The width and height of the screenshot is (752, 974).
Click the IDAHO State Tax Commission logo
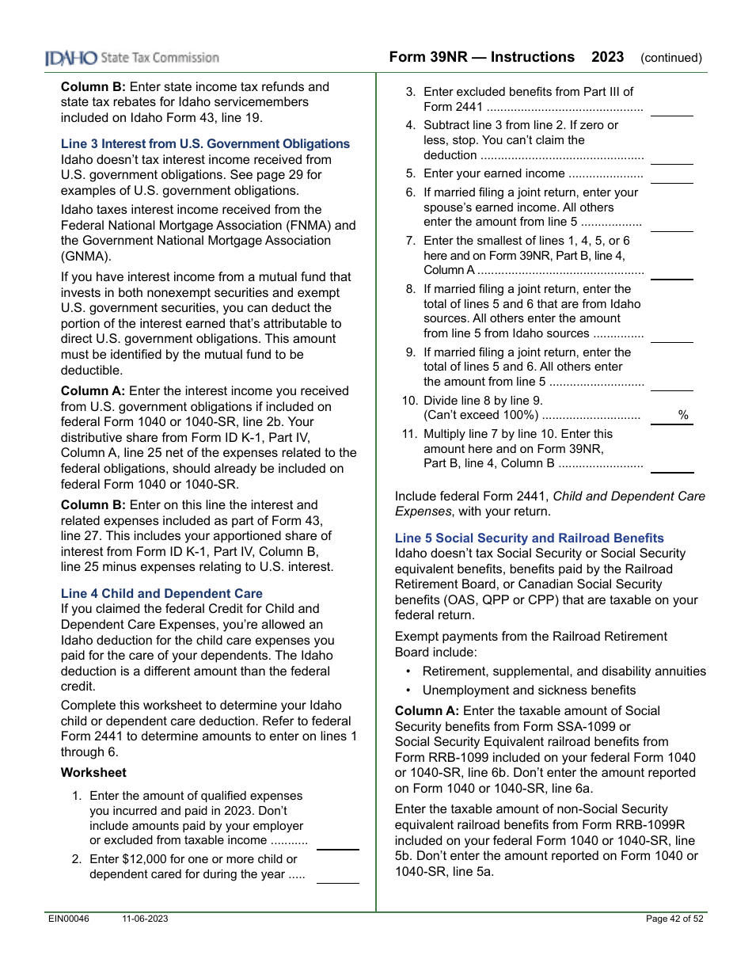point(131,58)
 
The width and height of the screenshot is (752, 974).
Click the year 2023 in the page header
point(607,57)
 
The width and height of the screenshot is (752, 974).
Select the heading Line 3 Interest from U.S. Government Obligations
point(205,144)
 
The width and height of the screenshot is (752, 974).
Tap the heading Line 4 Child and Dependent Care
point(161,594)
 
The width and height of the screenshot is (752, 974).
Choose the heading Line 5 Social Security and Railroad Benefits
point(529,538)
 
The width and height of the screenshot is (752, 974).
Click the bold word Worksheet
point(93,773)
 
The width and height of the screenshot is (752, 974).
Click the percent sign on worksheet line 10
point(683,416)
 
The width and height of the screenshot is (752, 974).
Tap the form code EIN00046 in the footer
point(67,919)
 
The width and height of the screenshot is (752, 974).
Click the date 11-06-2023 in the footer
point(145,919)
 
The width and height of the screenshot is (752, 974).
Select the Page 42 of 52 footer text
point(674,919)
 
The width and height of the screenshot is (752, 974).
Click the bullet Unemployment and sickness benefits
point(529,691)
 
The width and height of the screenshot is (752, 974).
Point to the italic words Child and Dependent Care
point(629,497)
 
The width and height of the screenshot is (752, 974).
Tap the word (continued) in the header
point(670,58)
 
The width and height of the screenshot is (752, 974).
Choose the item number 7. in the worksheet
point(410,241)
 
